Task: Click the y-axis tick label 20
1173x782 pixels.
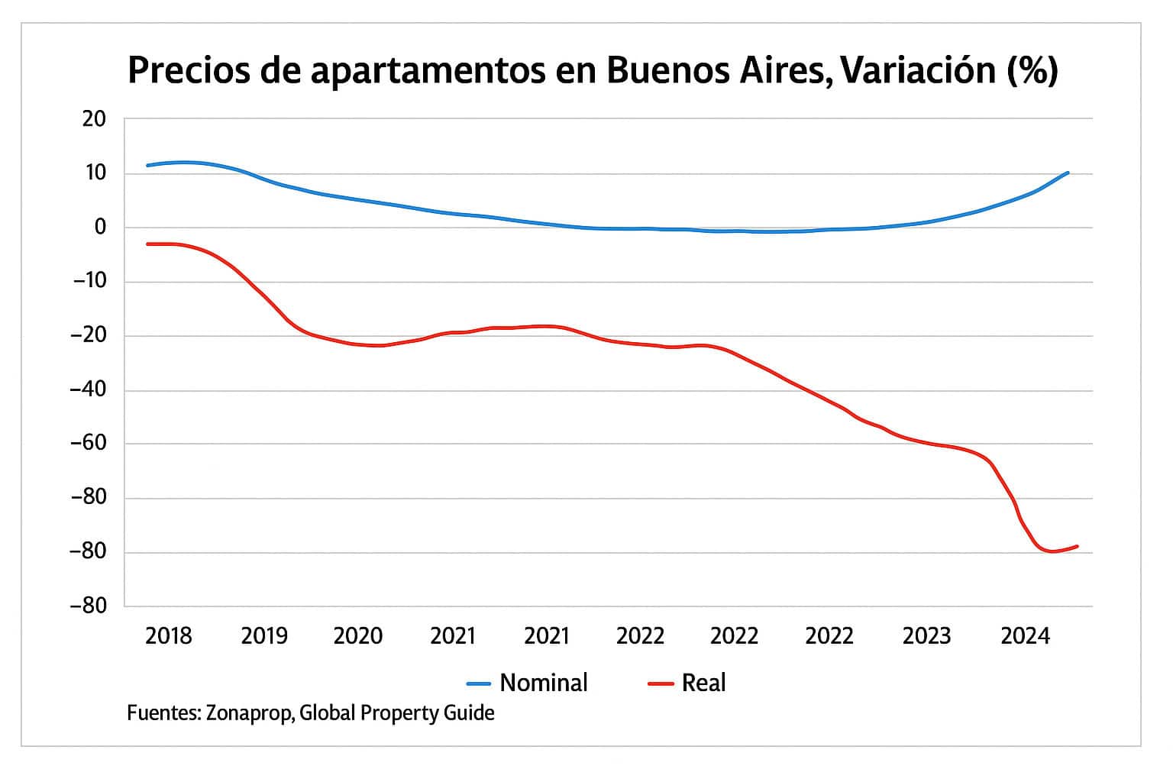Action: click(94, 119)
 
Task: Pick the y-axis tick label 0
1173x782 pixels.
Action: click(100, 228)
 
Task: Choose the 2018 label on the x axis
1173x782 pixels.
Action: click(169, 635)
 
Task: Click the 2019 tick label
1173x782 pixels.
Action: click(264, 635)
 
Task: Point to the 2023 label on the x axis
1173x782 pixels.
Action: click(926, 635)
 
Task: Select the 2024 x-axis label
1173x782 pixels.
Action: click(1025, 635)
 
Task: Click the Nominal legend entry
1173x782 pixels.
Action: click(543, 683)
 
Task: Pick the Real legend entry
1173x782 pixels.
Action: click(703, 683)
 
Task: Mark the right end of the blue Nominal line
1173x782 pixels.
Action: click(1068, 173)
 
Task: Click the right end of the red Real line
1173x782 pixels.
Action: click(1077, 546)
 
